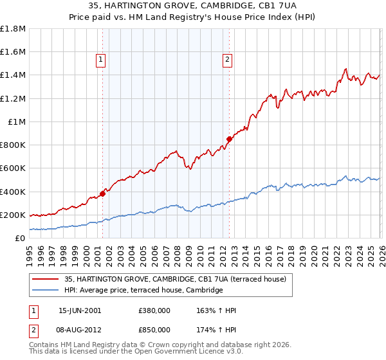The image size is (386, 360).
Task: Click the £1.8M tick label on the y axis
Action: pyautogui.click(x=13, y=29)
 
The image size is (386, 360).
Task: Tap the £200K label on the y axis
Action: pyautogui.click(x=13, y=215)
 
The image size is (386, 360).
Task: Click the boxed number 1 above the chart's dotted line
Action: pyautogui.click(x=102, y=60)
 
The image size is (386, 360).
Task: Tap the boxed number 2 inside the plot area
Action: pyautogui.click(x=228, y=60)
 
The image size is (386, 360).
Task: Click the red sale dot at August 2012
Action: pyautogui.click(x=229, y=139)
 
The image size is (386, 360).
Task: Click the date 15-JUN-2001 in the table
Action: pyautogui.click(x=80, y=310)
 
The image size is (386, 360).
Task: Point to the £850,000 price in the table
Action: pyautogui.click(x=154, y=330)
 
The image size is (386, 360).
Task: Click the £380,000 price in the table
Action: pyautogui.click(x=154, y=310)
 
